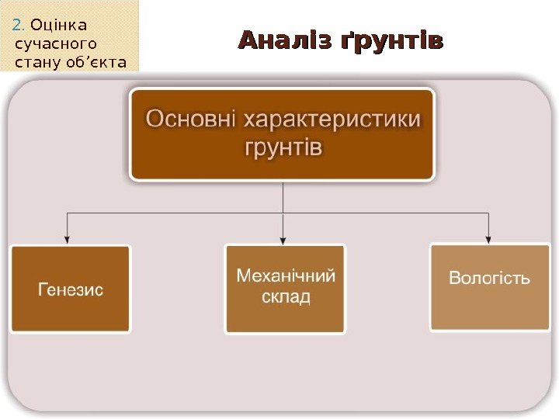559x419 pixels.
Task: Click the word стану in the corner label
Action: [x=36, y=61]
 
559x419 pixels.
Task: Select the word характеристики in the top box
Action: [x=334, y=120]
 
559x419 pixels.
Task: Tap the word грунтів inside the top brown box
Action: [x=282, y=147]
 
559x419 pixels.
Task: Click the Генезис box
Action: [x=70, y=289]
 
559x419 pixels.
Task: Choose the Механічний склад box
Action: [x=285, y=289]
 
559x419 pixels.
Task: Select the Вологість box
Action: [x=490, y=287]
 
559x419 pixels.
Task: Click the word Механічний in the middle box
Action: [x=285, y=275]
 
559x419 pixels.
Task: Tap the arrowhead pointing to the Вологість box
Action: [x=489, y=237]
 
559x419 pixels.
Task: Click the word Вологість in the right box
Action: [x=490, y=278]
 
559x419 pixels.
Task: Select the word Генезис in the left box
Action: [x=71, y=290]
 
